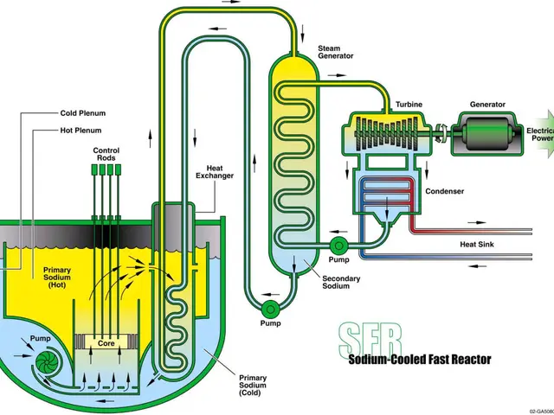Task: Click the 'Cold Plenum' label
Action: (83, 112)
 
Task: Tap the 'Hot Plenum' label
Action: (80, 131)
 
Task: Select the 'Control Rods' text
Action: (106, 155)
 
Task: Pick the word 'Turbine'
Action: (409, 105)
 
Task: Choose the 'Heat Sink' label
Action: (476, 244)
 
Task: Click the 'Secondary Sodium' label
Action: (336, 282)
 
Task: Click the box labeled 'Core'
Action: (106, 343)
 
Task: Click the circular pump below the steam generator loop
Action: (270, 308)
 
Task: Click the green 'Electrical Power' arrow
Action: (541, 133)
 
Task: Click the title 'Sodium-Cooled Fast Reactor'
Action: (419, 359)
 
